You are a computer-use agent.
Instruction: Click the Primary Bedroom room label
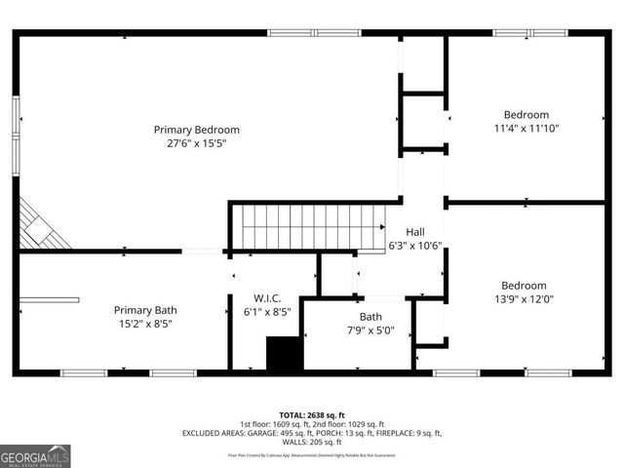click(196, 130)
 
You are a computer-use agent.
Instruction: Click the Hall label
click(414, 232)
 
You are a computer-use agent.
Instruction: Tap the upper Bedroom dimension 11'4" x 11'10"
click(526, 128)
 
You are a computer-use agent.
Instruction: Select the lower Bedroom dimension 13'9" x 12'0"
click(525, 300)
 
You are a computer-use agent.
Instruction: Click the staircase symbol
click(312, 226)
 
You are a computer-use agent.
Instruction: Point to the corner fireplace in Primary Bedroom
click(41, 225)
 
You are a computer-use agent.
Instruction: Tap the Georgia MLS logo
click(35, 454)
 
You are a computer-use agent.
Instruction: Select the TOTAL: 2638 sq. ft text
click(312, 415)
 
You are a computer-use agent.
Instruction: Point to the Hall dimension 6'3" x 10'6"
click(414, 246)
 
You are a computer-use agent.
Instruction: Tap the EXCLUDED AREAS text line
click(312, 434)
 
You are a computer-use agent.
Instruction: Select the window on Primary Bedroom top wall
click(313, 33)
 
